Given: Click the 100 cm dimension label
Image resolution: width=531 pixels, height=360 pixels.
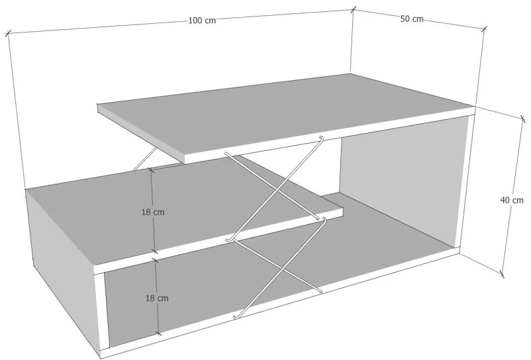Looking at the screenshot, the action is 202,21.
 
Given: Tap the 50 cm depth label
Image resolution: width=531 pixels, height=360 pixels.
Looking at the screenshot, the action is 412,19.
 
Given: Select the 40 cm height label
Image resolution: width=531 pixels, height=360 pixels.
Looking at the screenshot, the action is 512,200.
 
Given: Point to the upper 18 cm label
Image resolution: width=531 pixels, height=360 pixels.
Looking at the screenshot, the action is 153,212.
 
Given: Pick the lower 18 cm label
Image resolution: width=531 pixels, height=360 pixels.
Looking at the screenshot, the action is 157,298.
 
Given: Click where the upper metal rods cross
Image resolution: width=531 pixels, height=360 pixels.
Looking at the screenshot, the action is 278,191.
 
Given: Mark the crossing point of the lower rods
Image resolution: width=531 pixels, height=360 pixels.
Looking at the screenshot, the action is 282,269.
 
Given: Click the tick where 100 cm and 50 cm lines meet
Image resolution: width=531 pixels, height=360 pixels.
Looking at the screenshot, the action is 353,9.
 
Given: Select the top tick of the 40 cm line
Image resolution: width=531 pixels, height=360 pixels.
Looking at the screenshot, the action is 522,118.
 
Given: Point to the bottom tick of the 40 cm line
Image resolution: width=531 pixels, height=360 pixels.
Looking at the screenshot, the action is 502,274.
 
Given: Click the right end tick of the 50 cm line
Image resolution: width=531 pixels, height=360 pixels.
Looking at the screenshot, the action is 484,28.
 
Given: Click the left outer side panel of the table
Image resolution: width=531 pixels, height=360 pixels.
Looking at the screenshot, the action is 61,257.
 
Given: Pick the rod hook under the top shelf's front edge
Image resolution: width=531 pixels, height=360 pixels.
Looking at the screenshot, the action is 320,139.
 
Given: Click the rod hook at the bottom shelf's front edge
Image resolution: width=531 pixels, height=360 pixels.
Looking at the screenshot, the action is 235,316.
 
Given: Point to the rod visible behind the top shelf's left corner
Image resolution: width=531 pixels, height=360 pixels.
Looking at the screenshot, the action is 144,158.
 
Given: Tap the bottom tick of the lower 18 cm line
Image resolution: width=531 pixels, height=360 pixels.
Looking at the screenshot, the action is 158,334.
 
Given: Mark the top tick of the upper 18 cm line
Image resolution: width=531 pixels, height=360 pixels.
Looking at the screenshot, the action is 152,170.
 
